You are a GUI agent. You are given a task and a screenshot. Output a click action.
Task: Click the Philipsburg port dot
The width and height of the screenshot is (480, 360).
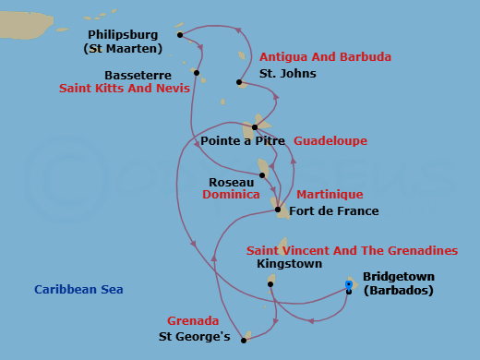point(180,36)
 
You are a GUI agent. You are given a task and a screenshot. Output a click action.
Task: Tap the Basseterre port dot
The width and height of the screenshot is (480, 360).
point(198,73)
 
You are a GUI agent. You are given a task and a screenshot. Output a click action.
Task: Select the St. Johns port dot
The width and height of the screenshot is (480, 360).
point(239,82)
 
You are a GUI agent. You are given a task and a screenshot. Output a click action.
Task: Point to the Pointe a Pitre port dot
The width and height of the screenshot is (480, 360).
point(255,127)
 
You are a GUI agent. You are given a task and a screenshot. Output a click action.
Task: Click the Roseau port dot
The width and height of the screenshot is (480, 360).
point(262,174)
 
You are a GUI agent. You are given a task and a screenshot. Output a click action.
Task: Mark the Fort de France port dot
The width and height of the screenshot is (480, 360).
point(278,210)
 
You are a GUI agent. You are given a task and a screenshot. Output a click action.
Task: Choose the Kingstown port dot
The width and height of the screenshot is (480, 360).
point(270,284)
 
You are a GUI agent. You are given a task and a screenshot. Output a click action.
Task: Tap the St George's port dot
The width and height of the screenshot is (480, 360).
point(244,340)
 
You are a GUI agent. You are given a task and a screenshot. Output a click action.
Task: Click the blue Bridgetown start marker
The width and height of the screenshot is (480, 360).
point(349,285)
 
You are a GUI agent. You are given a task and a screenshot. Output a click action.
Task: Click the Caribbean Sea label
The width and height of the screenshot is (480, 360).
point(78,290)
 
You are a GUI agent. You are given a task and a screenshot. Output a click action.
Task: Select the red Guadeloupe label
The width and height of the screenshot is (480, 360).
point(330,141)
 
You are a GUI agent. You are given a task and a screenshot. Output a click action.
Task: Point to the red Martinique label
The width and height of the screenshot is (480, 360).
point(330,195)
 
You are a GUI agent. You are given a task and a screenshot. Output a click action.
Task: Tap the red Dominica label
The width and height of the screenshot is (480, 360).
point(231,196)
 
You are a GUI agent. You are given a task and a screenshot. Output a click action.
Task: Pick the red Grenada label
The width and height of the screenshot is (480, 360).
point(193,321)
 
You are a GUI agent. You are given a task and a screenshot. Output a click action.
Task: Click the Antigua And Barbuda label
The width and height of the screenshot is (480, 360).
point(325,57)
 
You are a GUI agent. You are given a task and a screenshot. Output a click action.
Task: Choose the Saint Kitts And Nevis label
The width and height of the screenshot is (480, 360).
point(125,90)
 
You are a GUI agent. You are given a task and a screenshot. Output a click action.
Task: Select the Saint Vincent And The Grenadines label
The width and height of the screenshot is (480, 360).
point(352,250)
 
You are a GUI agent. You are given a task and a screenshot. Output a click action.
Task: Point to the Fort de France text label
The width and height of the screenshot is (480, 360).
point(334,211)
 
